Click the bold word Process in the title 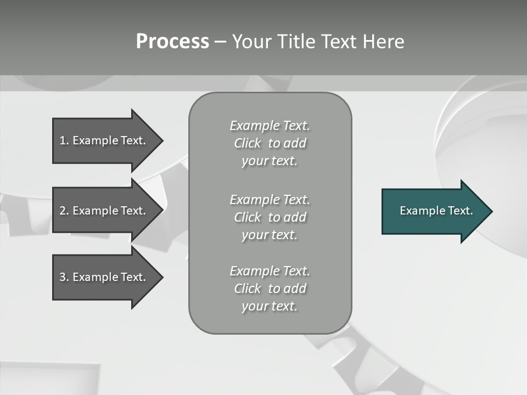click(172, 42)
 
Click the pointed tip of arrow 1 click(161, 140)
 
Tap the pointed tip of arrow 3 click(161, 277)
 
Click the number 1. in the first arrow click(64, 140)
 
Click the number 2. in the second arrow click(64, 211)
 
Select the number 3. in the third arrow click(64, 277)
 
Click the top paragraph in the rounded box click(270, 143)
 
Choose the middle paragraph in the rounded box click(270, 217)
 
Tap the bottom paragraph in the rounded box click(270, 289)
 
